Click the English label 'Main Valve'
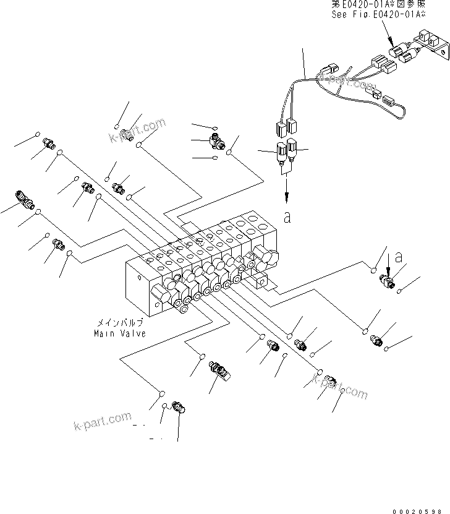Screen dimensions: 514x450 pos(120,333)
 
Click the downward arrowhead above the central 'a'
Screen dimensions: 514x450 pos(287,196)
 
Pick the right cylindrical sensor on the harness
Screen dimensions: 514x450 pos(294,149)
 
